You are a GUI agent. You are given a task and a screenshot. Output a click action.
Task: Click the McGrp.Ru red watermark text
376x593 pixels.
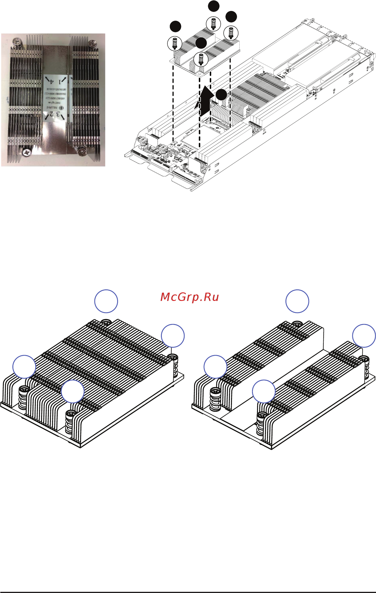190,297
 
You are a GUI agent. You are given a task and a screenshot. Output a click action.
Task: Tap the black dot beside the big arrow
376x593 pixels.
221,94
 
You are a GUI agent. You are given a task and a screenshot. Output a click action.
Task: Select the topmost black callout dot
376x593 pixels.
214,6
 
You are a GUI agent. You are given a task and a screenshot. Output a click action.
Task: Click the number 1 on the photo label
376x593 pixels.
60,81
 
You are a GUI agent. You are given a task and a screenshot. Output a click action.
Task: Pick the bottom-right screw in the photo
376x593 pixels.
81,151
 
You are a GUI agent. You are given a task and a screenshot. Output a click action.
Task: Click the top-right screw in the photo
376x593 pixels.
93,44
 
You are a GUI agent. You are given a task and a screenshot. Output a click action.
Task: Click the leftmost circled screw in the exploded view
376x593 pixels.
174,43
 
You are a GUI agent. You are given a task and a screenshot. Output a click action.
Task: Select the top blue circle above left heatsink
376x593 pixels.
106,301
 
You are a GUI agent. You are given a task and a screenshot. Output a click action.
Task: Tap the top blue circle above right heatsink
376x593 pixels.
297,301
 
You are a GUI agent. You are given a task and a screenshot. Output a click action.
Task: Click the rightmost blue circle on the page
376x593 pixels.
364,336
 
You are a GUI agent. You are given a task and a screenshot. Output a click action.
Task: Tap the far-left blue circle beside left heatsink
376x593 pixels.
24,366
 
